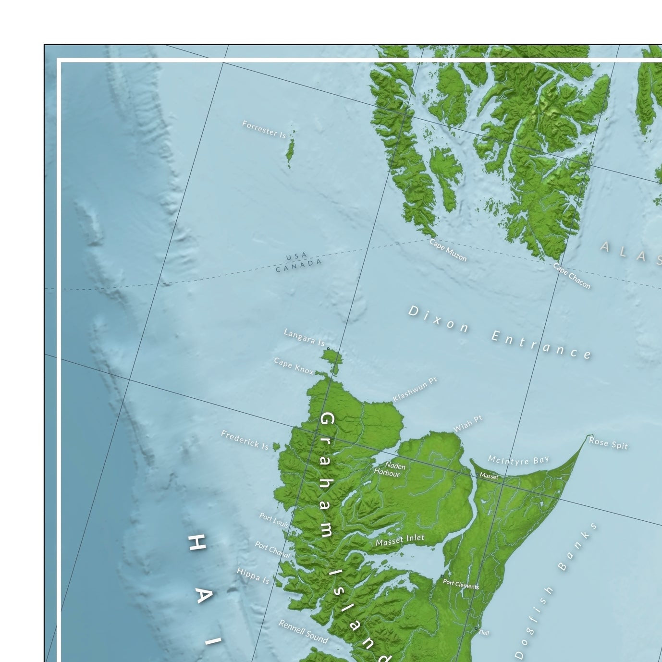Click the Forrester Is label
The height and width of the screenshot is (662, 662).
tap(264, 129)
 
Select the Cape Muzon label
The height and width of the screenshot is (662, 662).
tap(448, 250)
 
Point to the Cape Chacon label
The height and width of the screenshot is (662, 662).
tap(572, 276)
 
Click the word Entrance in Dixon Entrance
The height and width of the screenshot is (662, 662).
tap(541, 345)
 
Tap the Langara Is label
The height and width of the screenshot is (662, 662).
tap(304, 337)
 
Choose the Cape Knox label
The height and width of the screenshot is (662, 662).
tap(294, 366)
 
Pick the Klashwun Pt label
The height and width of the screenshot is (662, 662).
tap(415, 389)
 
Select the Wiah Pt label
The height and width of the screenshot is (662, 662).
tap(468, 424)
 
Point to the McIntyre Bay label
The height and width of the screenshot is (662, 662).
tap(518, 460)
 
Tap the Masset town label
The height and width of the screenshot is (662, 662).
tap(489, 476)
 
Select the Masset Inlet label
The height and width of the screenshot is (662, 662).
tap(400, 540)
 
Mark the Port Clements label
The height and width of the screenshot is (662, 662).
tap(461, 584)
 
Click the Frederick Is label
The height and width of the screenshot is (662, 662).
tap(245, 440)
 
